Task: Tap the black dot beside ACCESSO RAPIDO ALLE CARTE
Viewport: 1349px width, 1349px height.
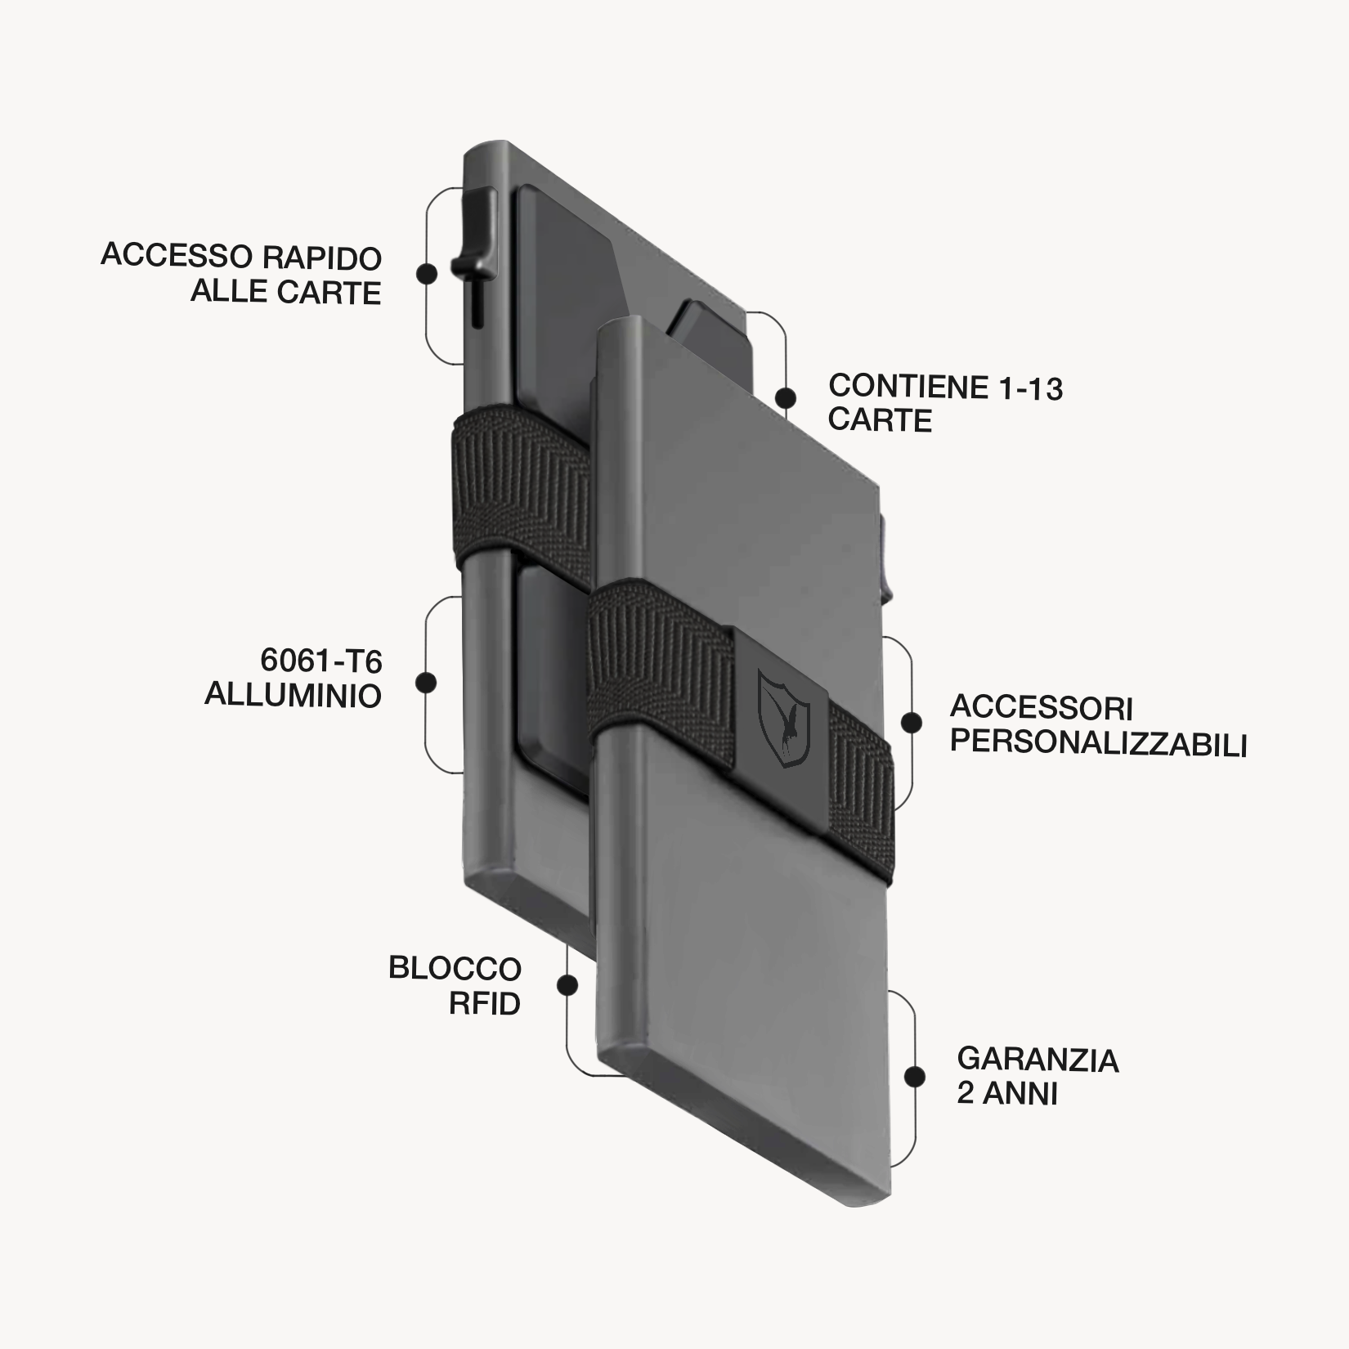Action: pyautogui.click(x=426, y=273)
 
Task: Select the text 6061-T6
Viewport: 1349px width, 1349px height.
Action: pyautogui.click(x=321, y=661)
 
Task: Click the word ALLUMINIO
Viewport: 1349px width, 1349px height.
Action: pyautogui.click(x=293, y=696)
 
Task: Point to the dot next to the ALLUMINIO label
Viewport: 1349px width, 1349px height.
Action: pyautogui.click(x=426, y=683)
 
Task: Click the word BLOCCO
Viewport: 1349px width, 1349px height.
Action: pyautogui.click(x=455, y=969)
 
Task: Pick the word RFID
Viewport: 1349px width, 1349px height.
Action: pyautogui.click(x=485, y=1004)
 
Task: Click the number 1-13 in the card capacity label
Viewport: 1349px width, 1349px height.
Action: pyautogui.click(x=1030, y=388)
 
